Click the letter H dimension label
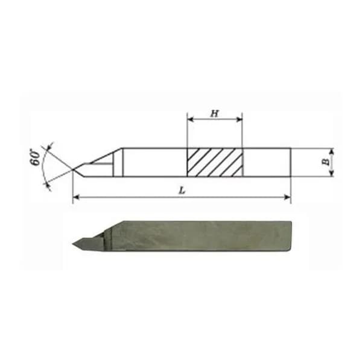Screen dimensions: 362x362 pyautogui.click(x=215, y=113)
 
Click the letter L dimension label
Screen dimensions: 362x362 pyautogui.click(x=182, y=191)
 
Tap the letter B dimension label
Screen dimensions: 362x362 pyautogui.click(x=326, y=162)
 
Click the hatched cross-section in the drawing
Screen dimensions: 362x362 pyautogui.click(x=215, y=162)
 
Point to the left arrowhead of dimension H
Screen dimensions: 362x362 pyautogui.click(x=190, y=119)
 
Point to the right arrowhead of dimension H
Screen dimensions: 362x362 pyautogui.click(x=240, y=119)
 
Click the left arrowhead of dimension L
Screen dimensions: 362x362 pyautogui.click(x=76, y=197)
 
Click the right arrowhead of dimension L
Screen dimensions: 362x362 pyautogui.click(x=288, y=197)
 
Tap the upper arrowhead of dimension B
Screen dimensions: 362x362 pyautogui.click(x=332, y=151)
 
